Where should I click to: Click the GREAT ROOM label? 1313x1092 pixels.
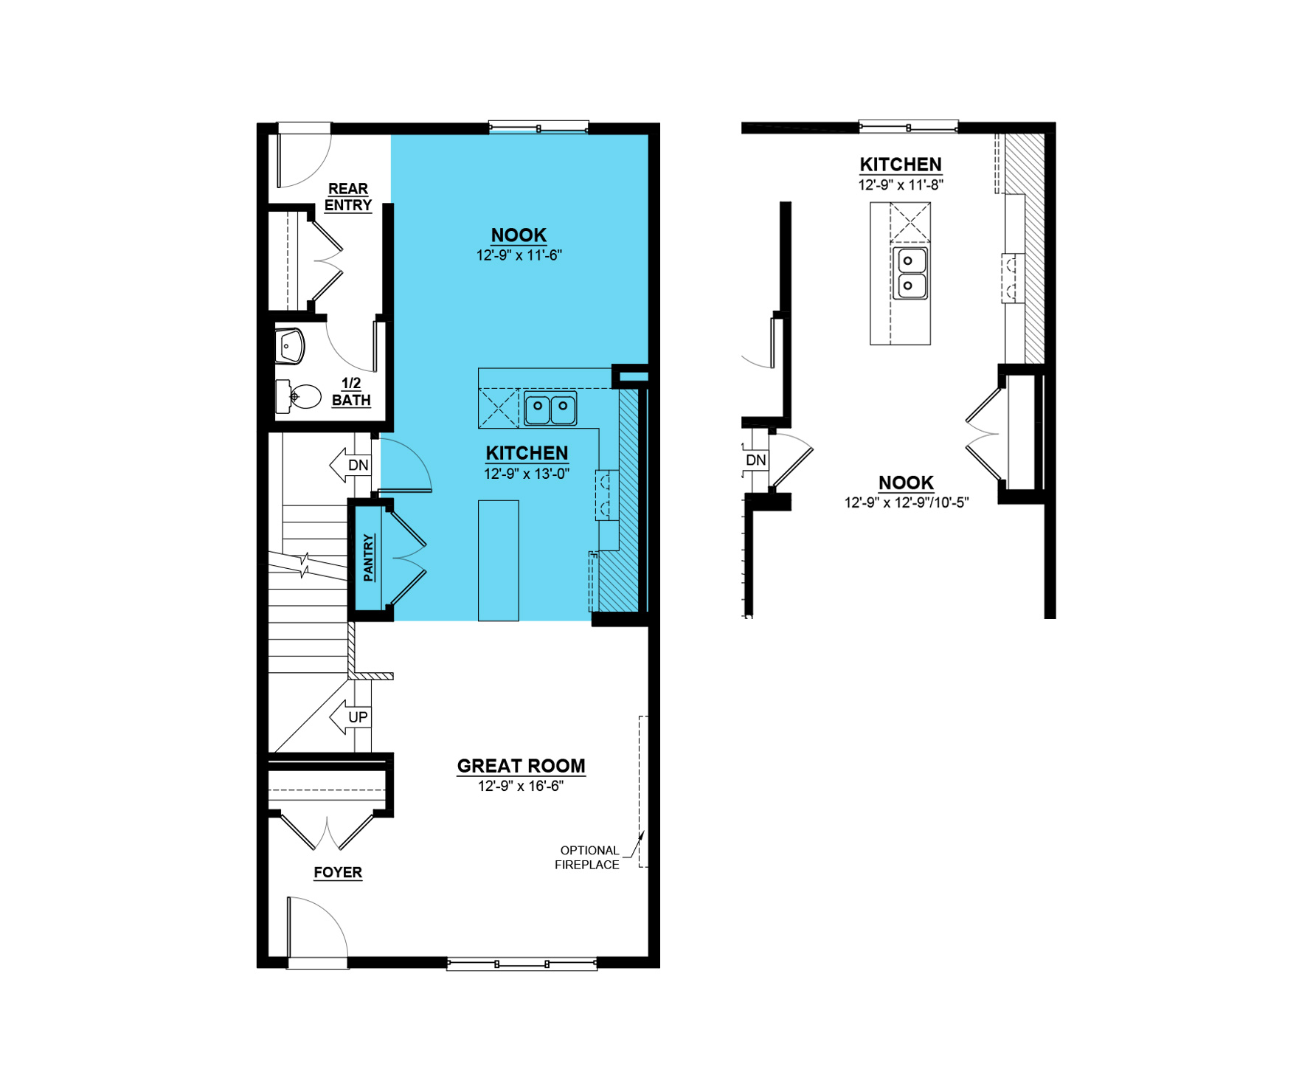pos(521,766)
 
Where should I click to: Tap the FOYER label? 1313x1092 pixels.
pos(338,872)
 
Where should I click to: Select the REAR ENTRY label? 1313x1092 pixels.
pos(348,197)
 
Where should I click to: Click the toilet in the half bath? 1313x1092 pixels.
pos(298,396)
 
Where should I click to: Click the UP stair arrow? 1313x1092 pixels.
pos(350,717)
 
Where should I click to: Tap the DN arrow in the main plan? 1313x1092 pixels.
pos(350,465)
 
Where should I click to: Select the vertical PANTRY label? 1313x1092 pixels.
pos(369,557)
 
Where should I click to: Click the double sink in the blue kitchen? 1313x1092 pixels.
pos(550,408)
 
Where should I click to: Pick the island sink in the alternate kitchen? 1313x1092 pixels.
pos(910,273)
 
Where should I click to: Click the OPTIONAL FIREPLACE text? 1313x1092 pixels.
pos(587,857)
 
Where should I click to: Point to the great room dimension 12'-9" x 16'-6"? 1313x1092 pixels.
pos(521,787)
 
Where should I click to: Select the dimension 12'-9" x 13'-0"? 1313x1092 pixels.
pos(527,474)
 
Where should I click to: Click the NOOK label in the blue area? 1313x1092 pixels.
pos(519,235)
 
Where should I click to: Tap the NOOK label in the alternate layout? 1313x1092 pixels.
pos(906,483)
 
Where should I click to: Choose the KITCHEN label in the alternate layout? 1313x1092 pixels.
pos(901,165)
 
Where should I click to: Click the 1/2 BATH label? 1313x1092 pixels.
pos(351,392)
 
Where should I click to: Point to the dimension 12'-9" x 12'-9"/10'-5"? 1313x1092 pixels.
pos(907,502)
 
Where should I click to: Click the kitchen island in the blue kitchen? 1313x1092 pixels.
pos(499,561)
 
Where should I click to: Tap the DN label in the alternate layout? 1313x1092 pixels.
pos(756,460)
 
